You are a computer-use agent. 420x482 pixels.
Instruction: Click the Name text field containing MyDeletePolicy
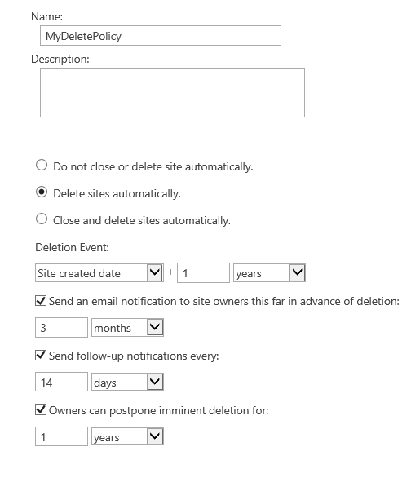160,36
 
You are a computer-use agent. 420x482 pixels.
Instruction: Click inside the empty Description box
171,92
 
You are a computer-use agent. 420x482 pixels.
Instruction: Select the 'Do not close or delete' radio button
42,166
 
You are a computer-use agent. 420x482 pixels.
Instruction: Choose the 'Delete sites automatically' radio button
42,193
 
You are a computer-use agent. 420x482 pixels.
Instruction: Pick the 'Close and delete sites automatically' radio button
42,219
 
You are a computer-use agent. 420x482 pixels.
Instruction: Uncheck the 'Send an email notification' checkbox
41,301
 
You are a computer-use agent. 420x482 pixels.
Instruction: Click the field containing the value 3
61,328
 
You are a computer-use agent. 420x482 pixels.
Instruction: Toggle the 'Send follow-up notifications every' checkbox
41,356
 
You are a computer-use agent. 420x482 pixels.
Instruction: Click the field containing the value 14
61,382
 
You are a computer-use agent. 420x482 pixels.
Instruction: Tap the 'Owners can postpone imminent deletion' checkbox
41,410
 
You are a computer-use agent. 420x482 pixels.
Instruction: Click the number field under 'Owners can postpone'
61,437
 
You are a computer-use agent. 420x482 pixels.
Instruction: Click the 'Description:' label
60,59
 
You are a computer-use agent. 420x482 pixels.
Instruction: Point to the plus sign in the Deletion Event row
170,273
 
